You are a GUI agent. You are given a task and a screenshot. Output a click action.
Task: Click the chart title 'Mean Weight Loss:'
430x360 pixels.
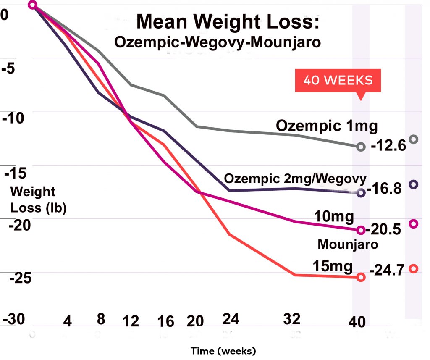228,21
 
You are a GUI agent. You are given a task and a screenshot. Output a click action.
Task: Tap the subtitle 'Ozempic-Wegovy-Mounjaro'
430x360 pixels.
217,42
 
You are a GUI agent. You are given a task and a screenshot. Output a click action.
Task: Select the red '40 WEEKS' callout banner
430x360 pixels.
338,80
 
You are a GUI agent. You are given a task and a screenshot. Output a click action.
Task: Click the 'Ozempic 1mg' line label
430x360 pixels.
327,126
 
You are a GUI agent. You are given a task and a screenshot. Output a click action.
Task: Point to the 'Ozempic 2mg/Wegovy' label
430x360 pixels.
295,178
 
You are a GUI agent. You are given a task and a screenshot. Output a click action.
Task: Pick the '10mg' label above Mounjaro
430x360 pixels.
334,217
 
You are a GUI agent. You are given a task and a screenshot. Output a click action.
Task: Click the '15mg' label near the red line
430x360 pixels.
332,266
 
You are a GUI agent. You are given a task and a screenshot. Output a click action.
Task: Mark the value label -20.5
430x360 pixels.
383,229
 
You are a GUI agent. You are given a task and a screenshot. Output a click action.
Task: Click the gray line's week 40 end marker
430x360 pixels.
361,147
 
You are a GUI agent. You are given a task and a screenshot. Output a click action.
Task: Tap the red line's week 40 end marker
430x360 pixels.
361,277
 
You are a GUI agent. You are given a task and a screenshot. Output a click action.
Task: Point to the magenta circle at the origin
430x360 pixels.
33,5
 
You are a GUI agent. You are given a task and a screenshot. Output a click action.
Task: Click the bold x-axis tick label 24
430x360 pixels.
231,320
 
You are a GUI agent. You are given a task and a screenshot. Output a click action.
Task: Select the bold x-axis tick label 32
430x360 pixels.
291,320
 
